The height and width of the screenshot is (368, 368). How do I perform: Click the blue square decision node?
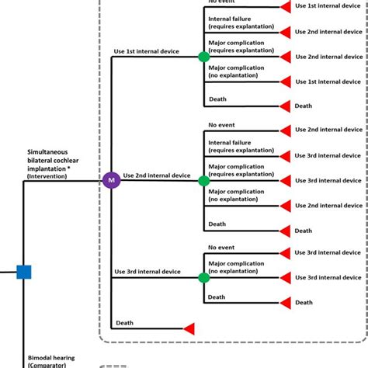[24, 272]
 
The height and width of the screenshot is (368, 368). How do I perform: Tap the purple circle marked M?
[111, 181]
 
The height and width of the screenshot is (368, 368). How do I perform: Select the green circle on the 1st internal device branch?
[203, 57]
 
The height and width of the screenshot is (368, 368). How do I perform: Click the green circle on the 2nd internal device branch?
[203, 181]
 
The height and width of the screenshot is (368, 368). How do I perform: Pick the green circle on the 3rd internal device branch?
[203, 277]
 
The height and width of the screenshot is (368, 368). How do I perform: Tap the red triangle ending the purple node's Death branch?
[189, 328]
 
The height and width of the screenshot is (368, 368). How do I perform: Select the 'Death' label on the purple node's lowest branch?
[124, 322]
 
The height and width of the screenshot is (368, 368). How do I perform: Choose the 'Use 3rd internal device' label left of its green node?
[147, 272]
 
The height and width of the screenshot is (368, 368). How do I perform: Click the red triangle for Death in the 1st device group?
[286, 106]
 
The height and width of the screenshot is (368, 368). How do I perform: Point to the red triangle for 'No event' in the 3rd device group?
[286, 253]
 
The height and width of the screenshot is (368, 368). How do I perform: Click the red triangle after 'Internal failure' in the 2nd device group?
[286, 155]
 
